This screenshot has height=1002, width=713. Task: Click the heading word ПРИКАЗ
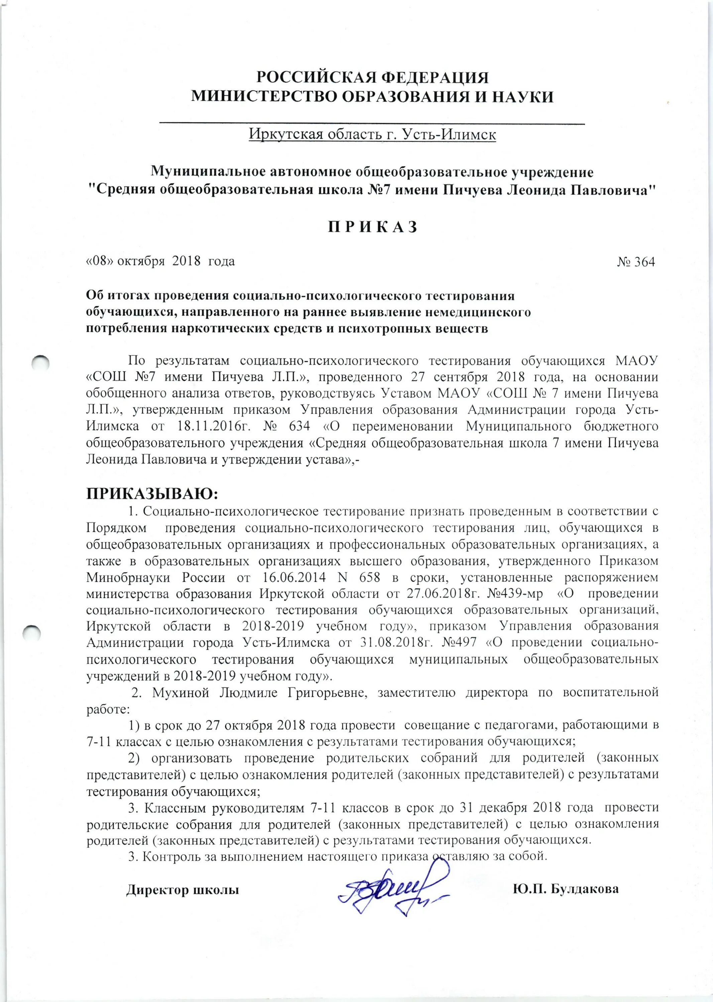(373, 227)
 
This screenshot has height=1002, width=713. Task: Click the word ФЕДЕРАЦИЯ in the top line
(434, 77)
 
